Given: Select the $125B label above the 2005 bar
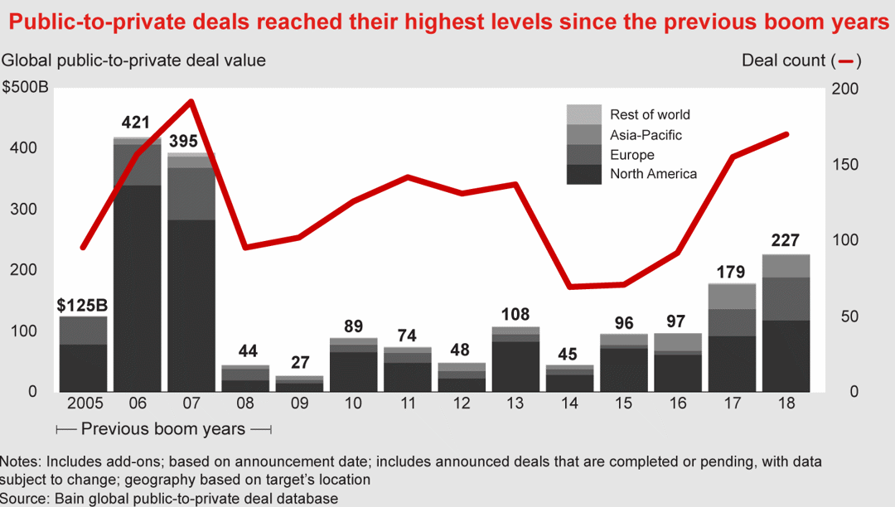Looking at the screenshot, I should tap(83, 304).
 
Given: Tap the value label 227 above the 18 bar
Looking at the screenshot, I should tap(786, 241).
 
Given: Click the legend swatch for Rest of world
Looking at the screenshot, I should tap(584, 114).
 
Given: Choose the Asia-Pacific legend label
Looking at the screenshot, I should tap(646, 134).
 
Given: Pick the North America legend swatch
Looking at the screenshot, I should tap(584, 174).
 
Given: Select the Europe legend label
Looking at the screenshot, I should tap(632, 155).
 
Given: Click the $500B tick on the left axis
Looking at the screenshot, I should tap(26, 88).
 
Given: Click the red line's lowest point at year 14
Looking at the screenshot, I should tap(569, 287).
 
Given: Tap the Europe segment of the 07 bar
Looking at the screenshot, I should tap(191, 194).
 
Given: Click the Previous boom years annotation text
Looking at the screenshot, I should tap(164, 429).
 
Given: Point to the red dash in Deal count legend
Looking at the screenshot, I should tap(847, 60).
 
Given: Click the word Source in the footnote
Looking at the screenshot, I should tap(22, 498).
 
